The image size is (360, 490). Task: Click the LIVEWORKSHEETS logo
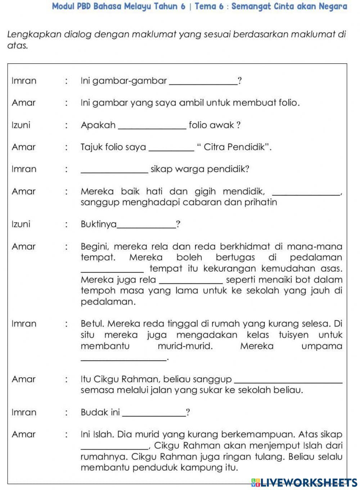click(304, 482)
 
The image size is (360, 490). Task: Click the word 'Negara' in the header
click(333, 6)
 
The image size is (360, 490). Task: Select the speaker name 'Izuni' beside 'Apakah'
click(21, 125)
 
